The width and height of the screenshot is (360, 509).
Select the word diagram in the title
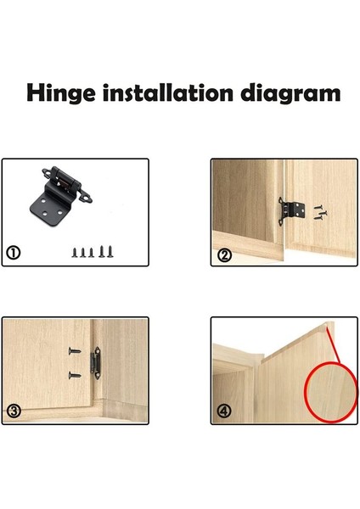[x=290, y=94]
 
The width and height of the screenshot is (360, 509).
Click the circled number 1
[x=14, y=253]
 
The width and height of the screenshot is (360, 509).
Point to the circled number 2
[x=224, y=255]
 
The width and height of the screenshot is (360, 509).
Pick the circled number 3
[x=14, y=411]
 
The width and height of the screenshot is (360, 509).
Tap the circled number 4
[x=224, y=411]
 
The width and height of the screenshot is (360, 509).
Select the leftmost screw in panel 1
[x=75, y=253]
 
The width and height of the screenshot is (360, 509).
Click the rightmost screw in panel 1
[x=110, y=252]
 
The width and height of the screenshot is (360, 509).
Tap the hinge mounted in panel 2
[x=291, y=211]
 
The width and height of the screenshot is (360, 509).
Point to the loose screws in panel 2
[x=320, y=212]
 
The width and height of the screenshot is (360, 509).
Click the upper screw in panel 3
[x=75, y=350]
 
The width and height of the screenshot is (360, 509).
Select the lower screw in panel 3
[x=75, y=376]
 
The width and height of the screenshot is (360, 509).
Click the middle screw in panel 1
[x=92, y=253]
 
